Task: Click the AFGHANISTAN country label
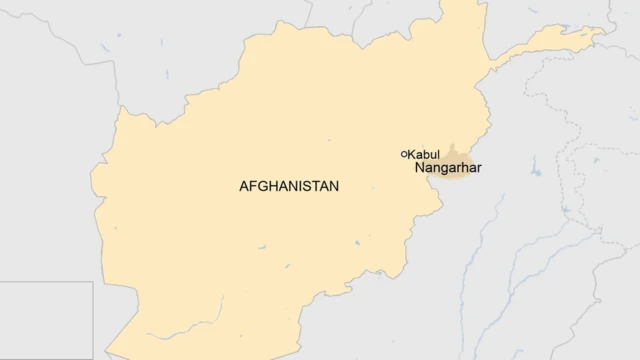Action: [x=289, y=186]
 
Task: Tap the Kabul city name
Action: [x=424, y=154]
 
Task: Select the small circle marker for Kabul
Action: [x=404, y=153]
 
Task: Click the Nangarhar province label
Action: [x=447, y=168]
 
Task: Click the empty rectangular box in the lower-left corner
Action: [x=46, y=320]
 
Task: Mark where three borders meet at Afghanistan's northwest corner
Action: [x=119, y=105]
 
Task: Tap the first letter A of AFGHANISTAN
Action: [x=244, y=186]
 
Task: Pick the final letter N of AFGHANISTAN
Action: [x=334, y=186]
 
